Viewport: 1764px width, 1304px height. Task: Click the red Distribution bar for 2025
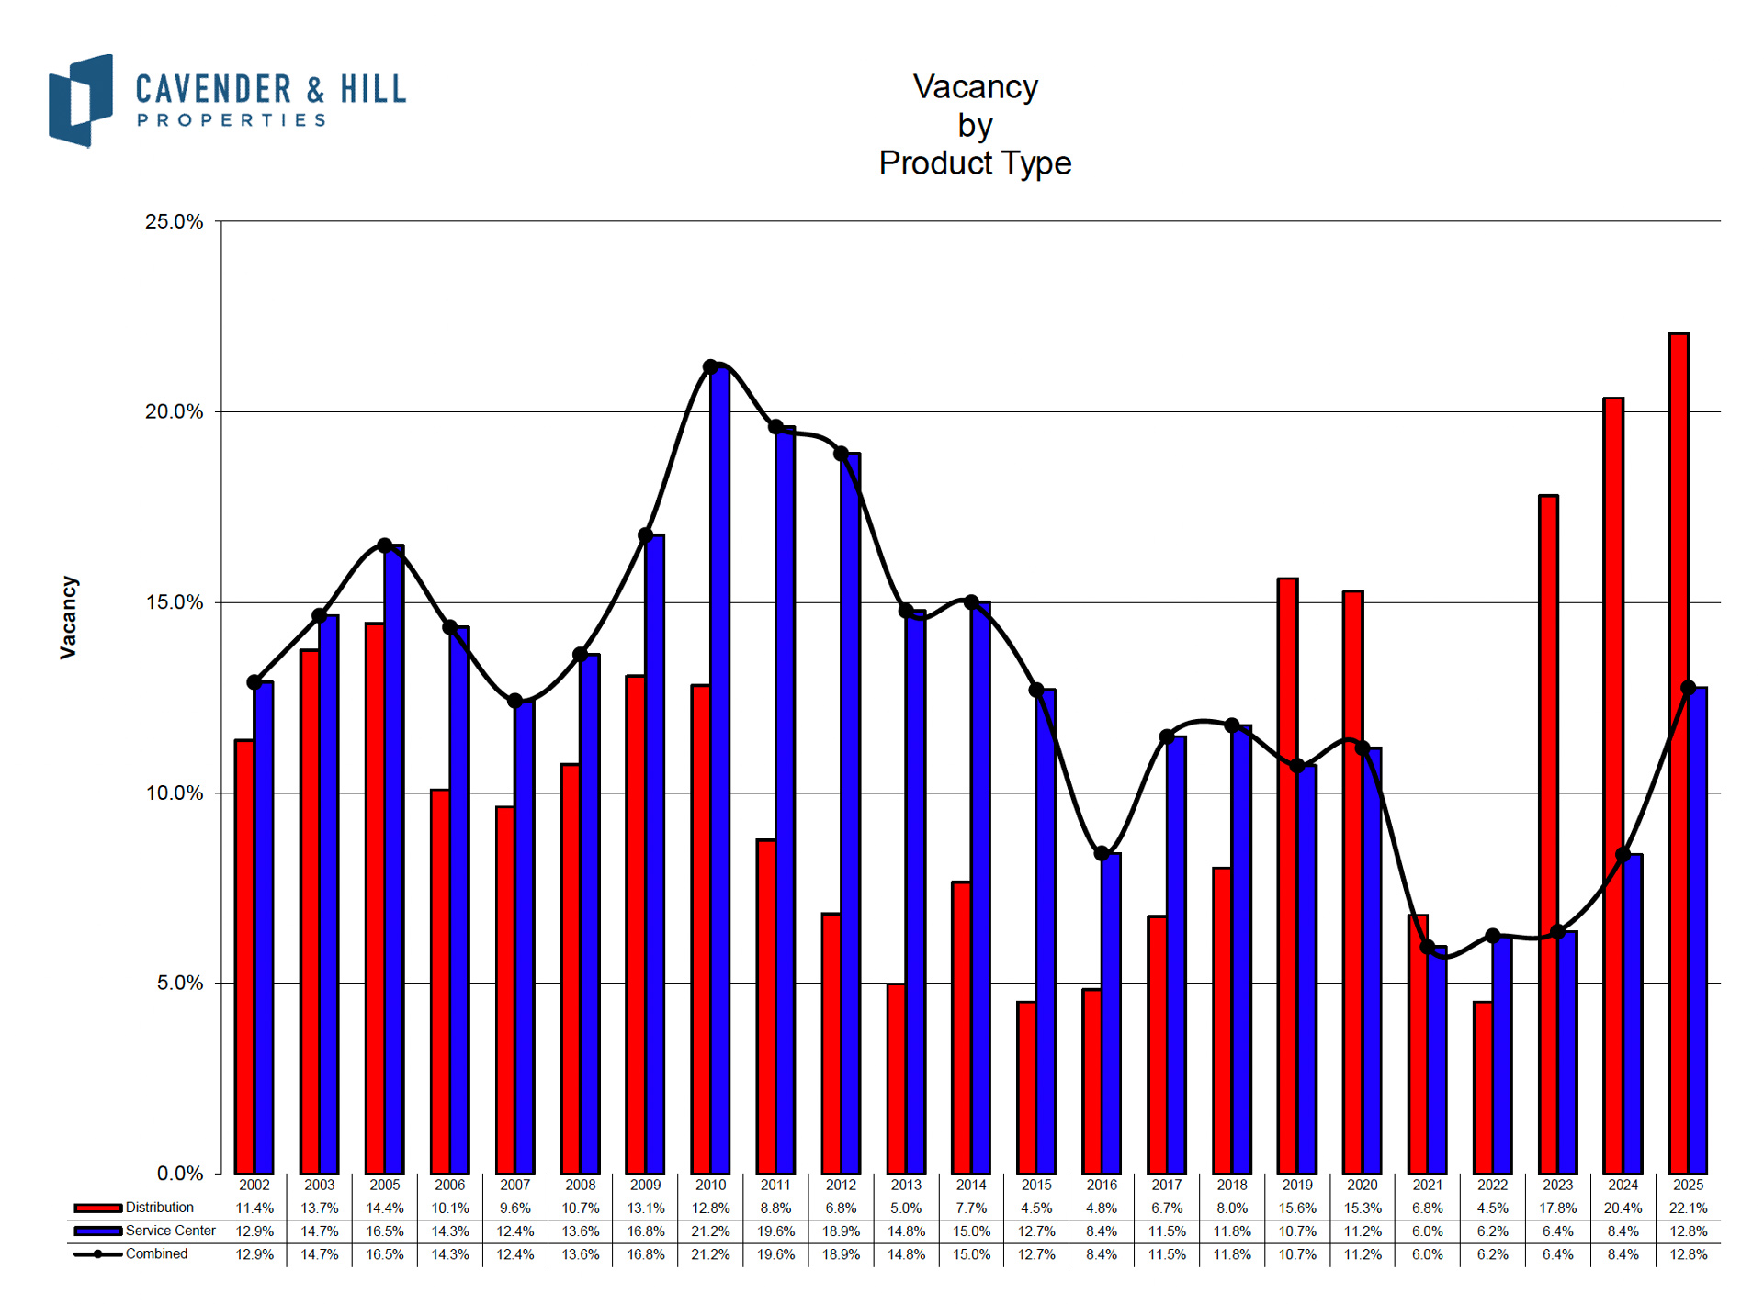(x=1678, y=753)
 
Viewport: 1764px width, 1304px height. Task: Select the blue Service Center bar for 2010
(x=720, y=771)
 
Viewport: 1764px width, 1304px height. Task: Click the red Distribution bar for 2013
(x=896, y=1078)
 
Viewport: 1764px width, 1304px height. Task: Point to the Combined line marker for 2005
(x=385, y=545)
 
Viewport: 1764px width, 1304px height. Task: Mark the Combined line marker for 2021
(x=1427, y=947)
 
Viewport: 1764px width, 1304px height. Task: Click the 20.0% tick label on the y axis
(x=174, y=412)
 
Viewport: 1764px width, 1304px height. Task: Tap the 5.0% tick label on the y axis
(x=179, y=984)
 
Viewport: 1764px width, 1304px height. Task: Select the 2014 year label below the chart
(x=971, y=1185)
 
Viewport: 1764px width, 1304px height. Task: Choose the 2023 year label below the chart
(x=1557, y=1185)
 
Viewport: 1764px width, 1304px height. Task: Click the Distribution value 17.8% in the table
(x=1557, y=1208)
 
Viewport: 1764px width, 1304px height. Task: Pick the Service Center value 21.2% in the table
(x=710, y=1231)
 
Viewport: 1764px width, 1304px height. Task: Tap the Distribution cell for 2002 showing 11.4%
(x=254, y=1208)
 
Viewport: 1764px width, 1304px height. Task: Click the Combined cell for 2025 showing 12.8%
(x=1688, y=1254)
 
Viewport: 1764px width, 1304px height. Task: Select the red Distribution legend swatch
(x=97, y=1208)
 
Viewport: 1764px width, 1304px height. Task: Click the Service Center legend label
(x=171, y=1231)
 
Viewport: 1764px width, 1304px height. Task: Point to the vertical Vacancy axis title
(x=69, y=617)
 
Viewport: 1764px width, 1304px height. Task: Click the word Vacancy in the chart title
(x=975, y=87)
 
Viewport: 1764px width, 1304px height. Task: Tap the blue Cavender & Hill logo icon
(x=81, y=100)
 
